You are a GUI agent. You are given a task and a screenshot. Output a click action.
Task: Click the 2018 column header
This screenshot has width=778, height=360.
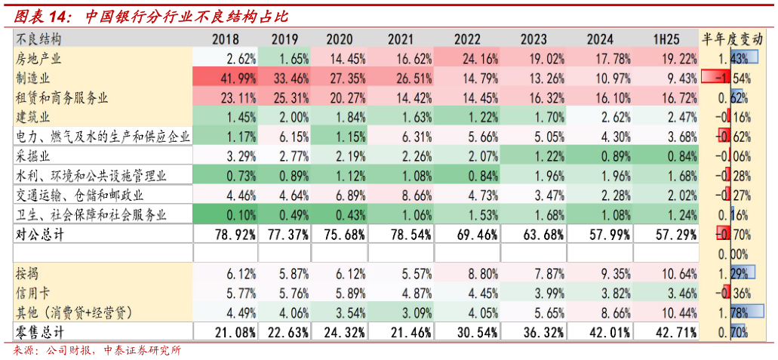tap(226, 38)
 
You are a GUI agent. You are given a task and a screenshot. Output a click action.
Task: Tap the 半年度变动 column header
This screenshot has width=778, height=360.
tap(733, 38)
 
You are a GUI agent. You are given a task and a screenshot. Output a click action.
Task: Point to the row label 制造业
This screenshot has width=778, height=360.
tap(32, 78)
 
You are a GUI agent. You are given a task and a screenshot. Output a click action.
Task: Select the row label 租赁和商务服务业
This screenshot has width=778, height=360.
tap(62, 97)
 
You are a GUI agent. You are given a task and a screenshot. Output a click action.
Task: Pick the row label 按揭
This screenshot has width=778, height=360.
tap(26, 272)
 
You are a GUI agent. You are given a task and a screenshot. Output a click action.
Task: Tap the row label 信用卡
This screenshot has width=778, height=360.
tap(32, 292)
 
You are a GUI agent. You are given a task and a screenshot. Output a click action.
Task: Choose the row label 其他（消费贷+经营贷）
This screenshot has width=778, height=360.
tap(74, 311)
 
